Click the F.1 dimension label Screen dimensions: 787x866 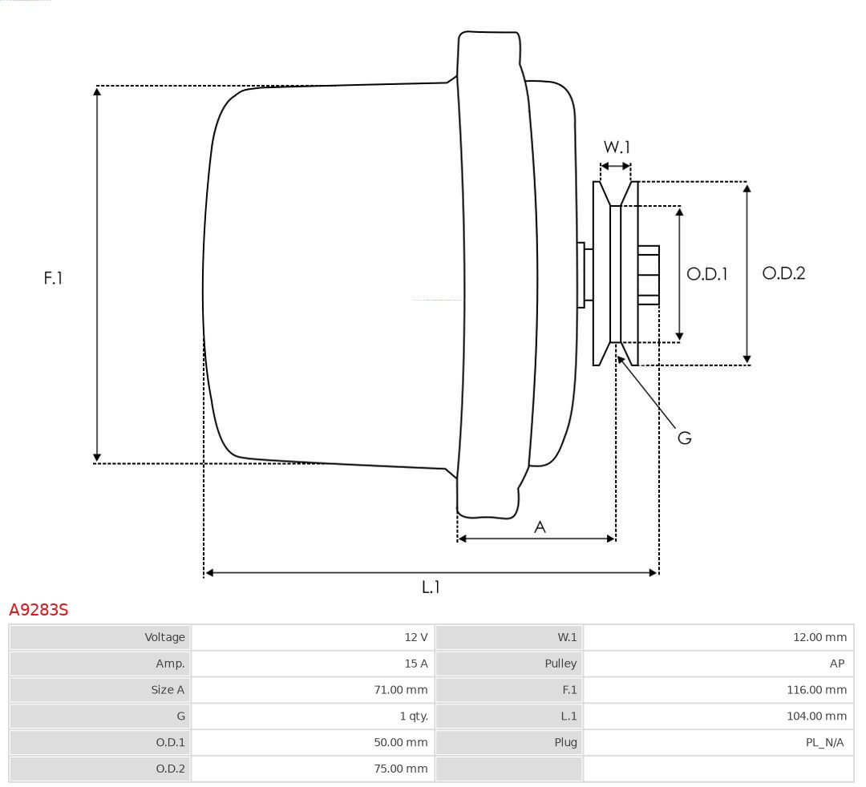tap(53, 278)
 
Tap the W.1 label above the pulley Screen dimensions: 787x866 tap(617, 147)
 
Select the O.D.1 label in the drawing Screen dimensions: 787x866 tap(706, 274)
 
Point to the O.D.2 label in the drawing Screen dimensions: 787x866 tap(783, 273)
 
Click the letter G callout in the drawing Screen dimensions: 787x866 tap(684, 438)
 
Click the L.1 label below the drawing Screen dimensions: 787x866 tap(431, 587)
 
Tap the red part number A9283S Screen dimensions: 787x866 tap(38, 611)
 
